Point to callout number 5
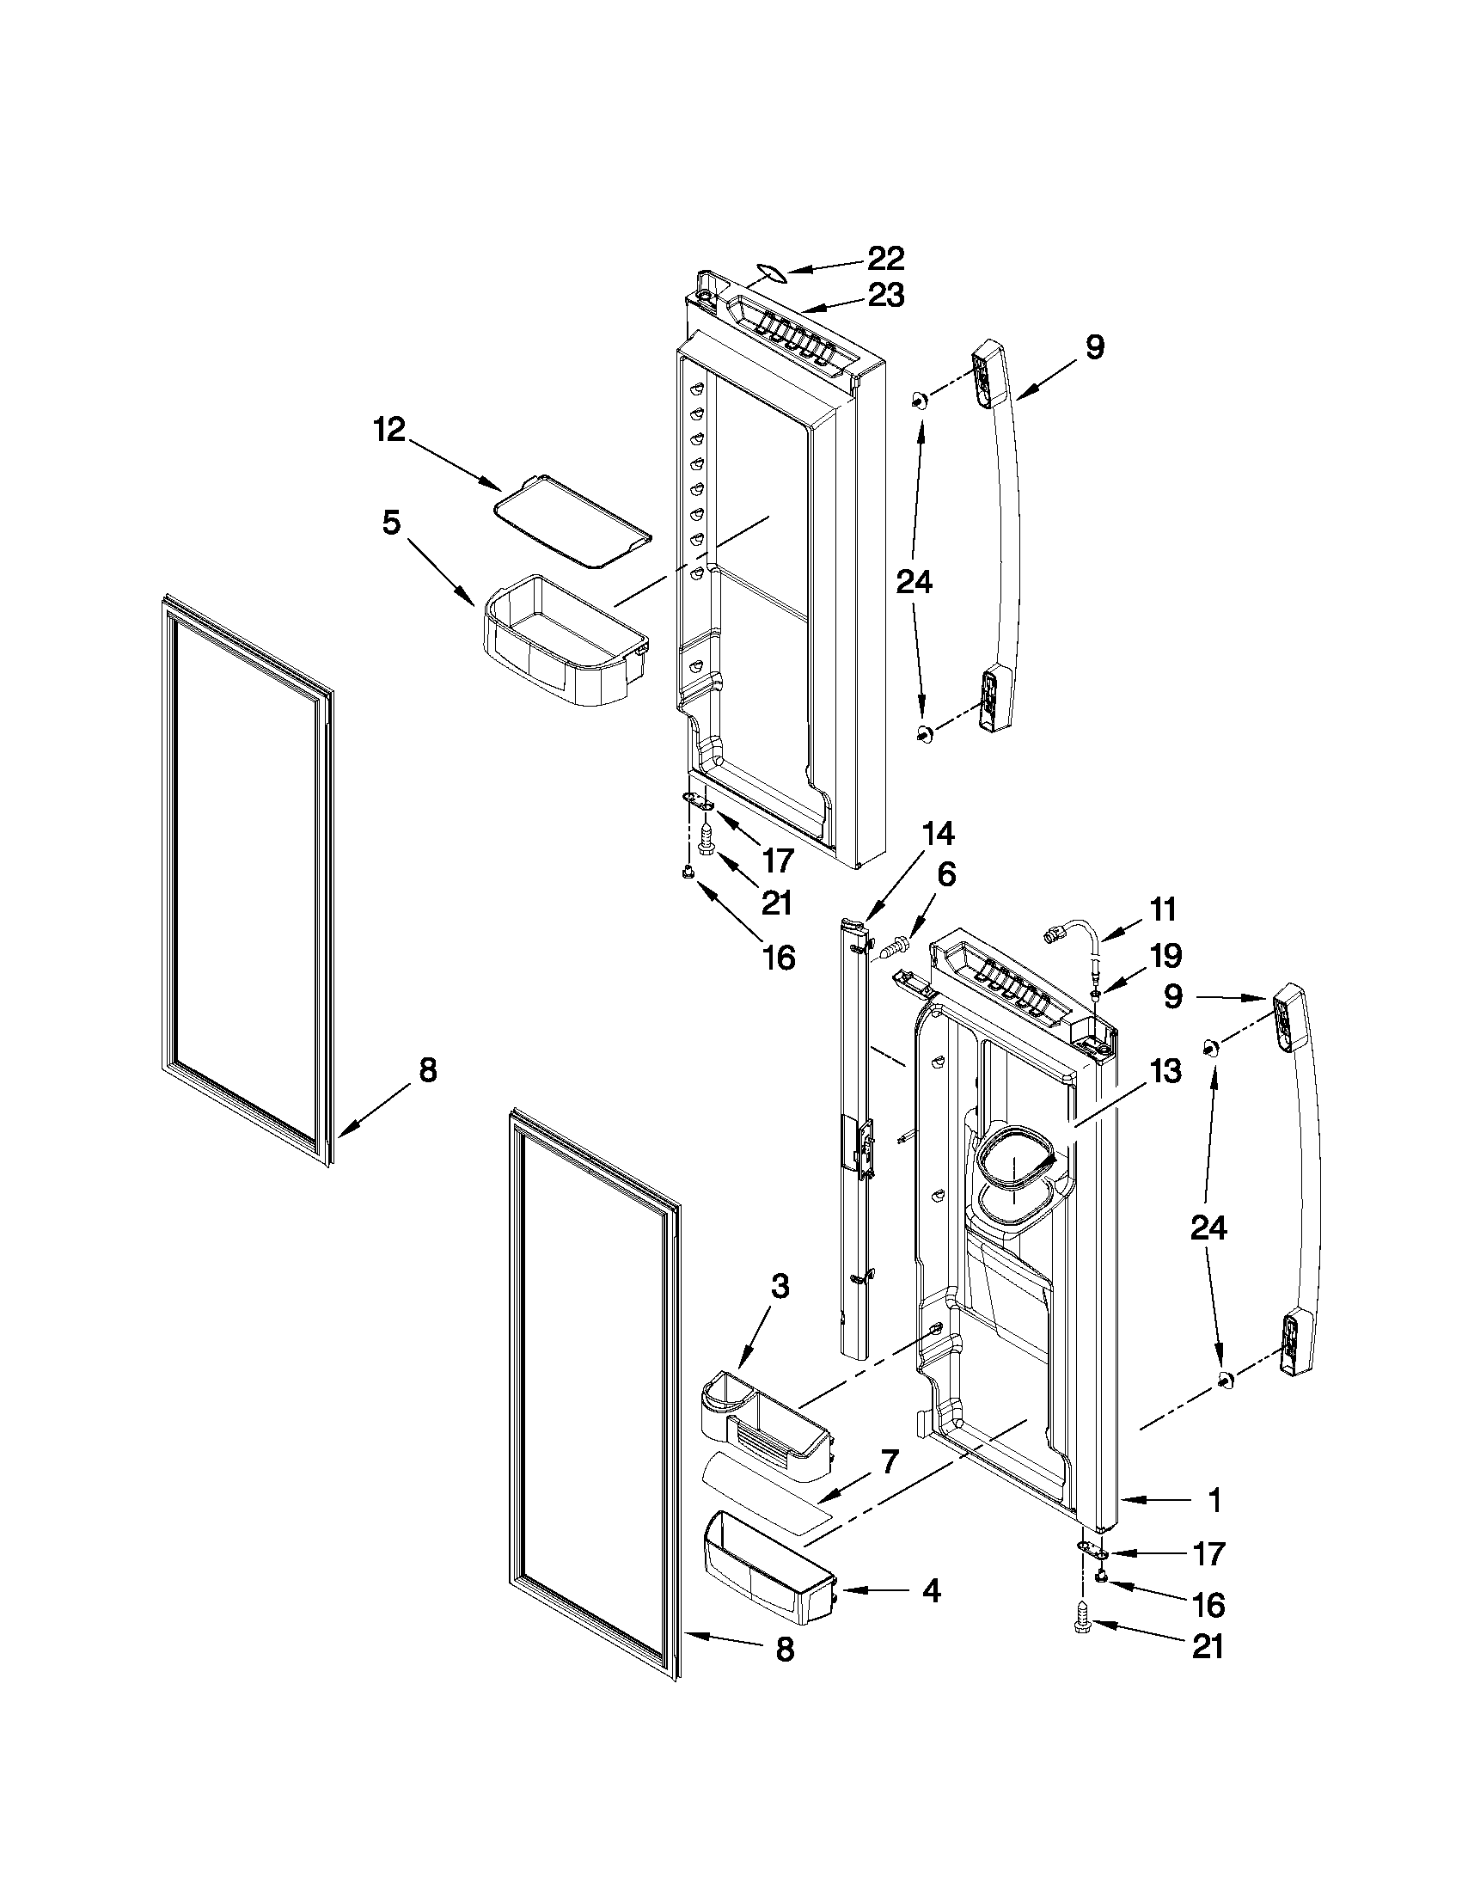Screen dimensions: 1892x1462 click(x=391, y=523)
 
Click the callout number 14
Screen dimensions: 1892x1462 click(x=938, y=833)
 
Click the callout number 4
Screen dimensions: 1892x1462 click(x=931, y=1590)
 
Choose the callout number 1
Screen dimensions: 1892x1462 click(x=1215, y=1499)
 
